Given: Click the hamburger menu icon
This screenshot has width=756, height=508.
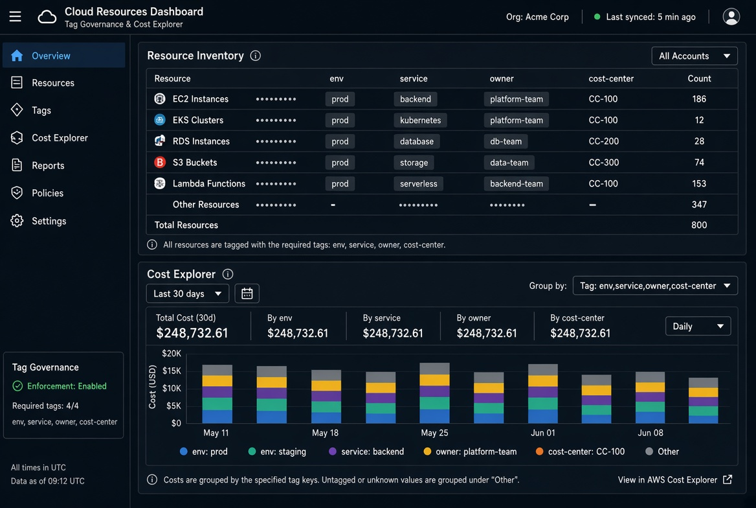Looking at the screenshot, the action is click(15, 16).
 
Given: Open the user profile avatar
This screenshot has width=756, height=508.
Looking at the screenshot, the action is click(731, 16).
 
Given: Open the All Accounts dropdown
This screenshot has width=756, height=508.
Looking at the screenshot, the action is click(695, 56).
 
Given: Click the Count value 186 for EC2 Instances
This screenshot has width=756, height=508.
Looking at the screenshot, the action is click(698, 99).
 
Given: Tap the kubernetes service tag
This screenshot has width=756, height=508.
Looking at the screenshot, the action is click(421, 121).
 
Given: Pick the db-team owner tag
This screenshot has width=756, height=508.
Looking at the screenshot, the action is click(506, 141).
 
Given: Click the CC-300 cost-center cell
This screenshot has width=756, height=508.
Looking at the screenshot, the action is click(604, 163).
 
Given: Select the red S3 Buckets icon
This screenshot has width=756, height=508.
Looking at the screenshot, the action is click(160, 162).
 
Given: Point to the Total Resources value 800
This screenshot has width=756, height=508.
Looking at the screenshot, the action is click(698, 225).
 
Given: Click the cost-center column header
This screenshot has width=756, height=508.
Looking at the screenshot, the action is click(611, 78).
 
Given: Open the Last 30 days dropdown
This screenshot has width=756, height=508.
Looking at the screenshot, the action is click(188, 294).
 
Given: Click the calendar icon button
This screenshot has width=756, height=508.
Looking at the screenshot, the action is click(247, 294).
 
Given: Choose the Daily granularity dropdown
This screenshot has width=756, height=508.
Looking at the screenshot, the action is click(698, 327).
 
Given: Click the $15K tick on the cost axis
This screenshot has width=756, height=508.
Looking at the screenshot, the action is click(172, 371).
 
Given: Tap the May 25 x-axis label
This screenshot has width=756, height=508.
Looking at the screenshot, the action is click(434, 433).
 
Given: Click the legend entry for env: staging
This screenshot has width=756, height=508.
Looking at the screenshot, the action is click(277, 452).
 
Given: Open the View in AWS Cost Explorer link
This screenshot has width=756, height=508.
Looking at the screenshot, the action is click(675, 480).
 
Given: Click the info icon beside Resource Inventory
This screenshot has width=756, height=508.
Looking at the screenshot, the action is click(256, 56).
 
